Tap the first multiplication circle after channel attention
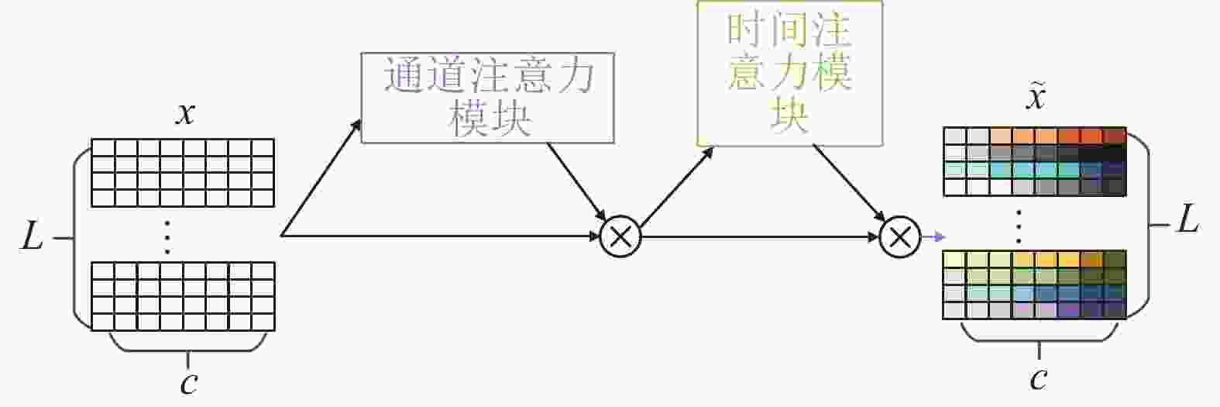click(620, 236)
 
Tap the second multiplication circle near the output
click(900, 237)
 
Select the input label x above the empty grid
click(185, 114)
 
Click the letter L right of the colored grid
click(1188, 219)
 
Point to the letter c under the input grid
click(189, 384)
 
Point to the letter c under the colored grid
click(1039, 378)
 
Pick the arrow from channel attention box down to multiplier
click(577, 182)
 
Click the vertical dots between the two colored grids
click(1019, 226)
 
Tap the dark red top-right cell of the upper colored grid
click(1115, 136)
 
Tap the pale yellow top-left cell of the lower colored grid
click(955, 260)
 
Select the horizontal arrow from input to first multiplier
click(440, 236)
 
